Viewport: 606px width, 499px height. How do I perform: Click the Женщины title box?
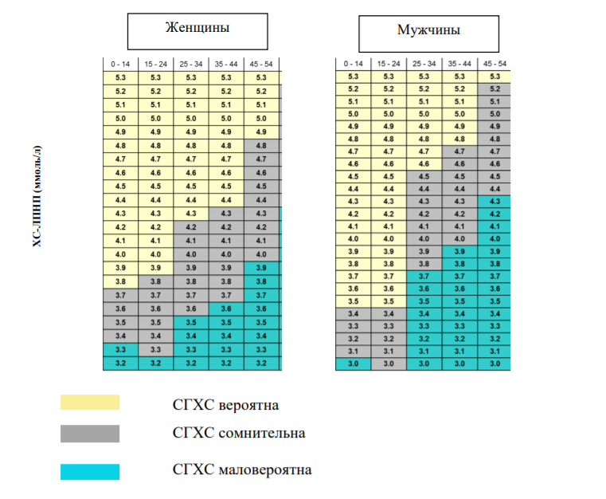point(197,32)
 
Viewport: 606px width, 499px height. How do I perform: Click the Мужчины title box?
point(428,34)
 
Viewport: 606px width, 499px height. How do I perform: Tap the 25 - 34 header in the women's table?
point(191,65)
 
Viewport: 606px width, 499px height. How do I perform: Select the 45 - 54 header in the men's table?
point(495,64)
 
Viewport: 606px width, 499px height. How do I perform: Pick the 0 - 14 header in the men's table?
point(354,64)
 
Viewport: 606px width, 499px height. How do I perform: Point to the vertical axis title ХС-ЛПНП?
point(37,196)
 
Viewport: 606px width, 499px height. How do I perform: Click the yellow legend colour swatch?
point(90,403)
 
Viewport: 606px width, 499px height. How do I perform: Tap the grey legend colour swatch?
point(90,434)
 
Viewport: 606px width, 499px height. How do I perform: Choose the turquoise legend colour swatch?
point(90,472)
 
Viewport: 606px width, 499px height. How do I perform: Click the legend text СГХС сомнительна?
point(239,433)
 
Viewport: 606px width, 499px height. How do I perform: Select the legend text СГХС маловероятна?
point(242,470)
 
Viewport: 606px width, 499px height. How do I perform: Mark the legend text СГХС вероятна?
point(225,405)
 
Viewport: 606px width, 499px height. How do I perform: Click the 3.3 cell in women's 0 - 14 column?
point(120,350)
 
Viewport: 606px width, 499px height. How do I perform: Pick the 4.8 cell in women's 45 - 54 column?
point(261,146)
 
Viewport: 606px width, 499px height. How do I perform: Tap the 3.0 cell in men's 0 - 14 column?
point(354,363)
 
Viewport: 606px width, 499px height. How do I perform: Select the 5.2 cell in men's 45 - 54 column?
point(495,89)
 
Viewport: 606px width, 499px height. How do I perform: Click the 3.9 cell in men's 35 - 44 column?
point(459,251)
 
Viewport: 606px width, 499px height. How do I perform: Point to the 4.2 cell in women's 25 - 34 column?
point(191,227)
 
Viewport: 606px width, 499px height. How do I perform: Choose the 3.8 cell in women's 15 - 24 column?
point(156,281)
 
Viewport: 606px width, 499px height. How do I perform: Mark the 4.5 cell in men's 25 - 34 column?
point(424,176)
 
